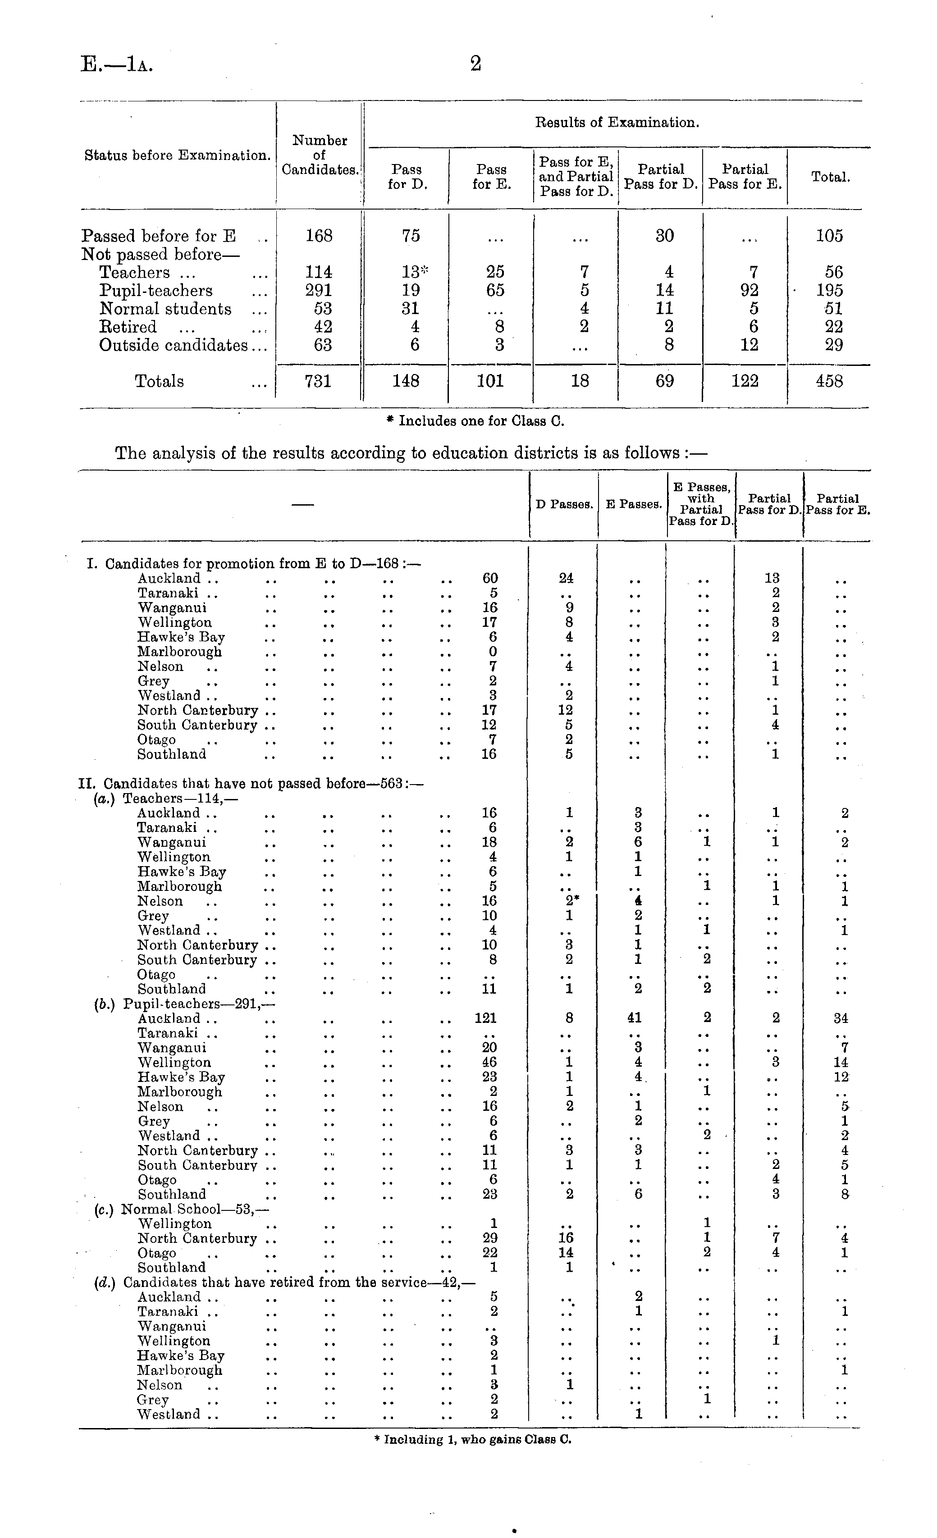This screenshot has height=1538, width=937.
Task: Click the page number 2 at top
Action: [475, 64]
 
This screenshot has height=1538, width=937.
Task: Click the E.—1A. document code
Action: [117, 64]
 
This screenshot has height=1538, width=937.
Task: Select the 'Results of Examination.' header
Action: [617, 122]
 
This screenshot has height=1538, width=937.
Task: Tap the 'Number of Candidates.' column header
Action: [320, 155]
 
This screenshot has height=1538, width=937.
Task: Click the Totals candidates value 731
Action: [318, 381]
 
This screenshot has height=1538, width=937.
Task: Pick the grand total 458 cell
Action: [829, 381]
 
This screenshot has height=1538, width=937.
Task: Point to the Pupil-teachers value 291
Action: [318, 290]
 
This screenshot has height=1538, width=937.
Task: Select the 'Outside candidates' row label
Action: [173, 345]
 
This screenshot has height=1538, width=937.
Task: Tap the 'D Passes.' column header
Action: [564, 504]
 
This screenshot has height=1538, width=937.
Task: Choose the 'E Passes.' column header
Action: [634, 504]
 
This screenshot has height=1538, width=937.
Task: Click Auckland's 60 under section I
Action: [490, 579]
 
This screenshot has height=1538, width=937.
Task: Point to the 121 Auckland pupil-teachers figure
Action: [486, 1018]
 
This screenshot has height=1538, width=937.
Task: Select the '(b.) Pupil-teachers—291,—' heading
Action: [184, 1004]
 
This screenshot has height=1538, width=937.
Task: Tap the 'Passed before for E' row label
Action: [159, 236]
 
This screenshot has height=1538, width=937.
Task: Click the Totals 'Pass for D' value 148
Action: [406, 381]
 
